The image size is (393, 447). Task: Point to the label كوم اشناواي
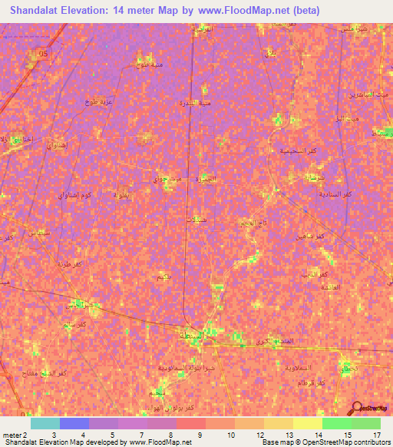75,195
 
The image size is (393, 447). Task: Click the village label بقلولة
122,193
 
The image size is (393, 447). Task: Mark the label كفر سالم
65,326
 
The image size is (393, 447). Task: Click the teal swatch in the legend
45,423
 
